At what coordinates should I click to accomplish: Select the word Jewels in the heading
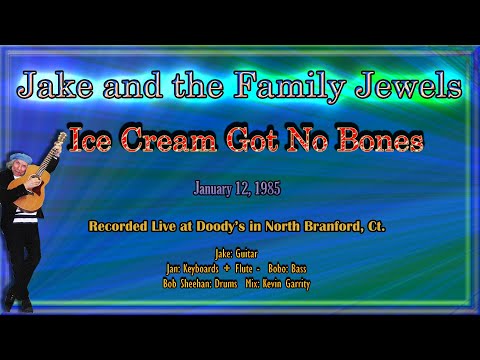tap(411, 88)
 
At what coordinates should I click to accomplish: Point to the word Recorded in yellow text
tap(125, 227)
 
